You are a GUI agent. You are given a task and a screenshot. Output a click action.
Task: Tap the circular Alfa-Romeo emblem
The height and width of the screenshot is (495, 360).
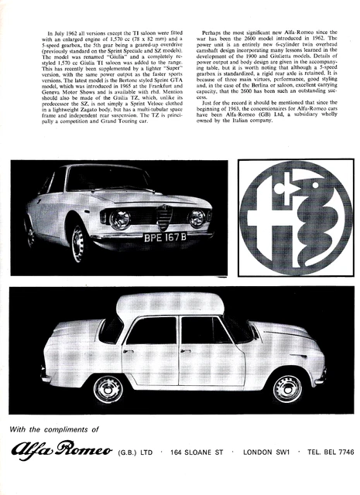296,217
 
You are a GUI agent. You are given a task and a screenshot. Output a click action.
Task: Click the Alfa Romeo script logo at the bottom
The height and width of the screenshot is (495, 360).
67,452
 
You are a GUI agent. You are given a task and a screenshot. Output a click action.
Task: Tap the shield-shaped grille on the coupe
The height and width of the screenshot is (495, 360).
164,217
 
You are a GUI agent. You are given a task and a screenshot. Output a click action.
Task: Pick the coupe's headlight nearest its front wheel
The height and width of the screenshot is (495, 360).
120,219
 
